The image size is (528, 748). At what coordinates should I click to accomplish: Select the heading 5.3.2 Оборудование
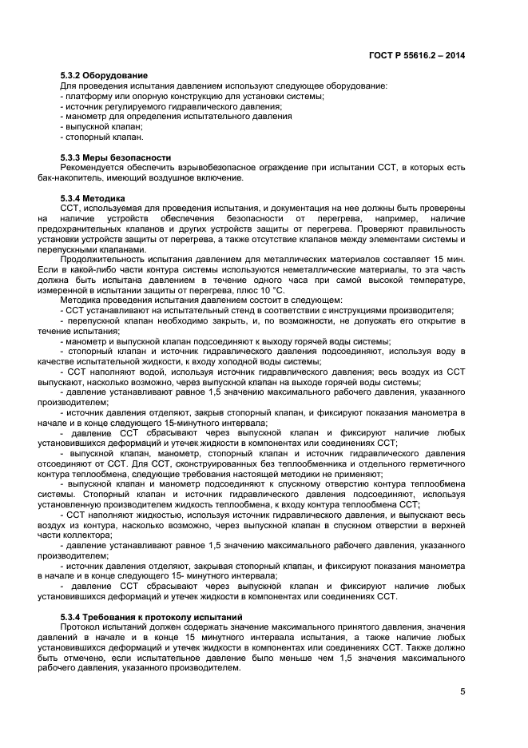click(104, 75)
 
